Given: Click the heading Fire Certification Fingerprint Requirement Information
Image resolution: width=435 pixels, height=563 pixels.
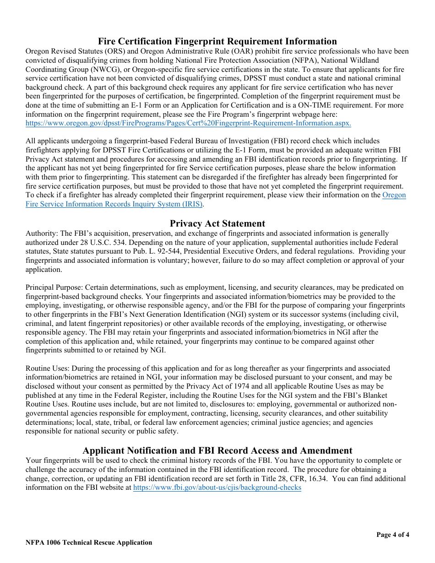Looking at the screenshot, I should click(x=217, y=41).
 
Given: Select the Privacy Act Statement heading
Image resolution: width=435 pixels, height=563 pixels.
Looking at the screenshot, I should click(x=217, y=223).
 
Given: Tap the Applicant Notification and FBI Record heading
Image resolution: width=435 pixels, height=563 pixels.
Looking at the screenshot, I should click(x=217, y=450).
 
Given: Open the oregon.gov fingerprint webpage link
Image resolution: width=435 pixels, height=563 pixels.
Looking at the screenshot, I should click(x=188, y=123).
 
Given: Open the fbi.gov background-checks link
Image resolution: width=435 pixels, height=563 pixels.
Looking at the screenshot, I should click(x=217, y=487).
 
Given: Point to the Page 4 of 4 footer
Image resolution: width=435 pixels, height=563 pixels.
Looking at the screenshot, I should click(x=392, y=535).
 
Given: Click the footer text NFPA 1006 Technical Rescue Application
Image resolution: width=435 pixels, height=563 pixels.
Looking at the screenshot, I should click(x=89, y=542).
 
